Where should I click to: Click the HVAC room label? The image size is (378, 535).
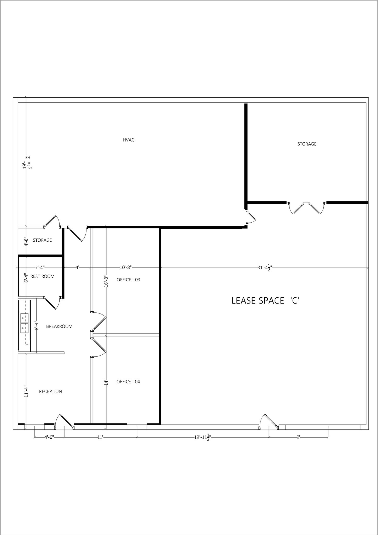(129, 140)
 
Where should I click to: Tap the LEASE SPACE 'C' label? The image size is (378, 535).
(265, 301)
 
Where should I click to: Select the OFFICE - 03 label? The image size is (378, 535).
(128, 280)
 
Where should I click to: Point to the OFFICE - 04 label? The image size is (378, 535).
(128, 382)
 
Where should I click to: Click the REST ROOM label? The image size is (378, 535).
(43, 276)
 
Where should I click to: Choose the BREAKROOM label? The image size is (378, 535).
(59, 326)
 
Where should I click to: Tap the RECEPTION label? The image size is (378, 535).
(50, 391)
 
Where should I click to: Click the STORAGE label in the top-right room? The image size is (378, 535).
(307, 144)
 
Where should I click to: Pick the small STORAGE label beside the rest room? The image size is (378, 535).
(42, 240)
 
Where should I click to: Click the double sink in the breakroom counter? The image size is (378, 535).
(24, 323)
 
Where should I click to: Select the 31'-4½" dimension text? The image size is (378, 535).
(265, 268)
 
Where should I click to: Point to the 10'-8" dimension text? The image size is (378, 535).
(126, 267)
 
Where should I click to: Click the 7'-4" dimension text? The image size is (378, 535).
(40, 267)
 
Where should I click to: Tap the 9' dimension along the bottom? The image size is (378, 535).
(298, 437)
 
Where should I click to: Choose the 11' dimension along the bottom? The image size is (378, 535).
(100, 437)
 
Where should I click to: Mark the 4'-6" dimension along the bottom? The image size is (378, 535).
(49, 437)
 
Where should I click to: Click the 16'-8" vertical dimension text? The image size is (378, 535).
(106, 281)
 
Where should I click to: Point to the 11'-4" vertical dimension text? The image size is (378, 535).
(26, 391)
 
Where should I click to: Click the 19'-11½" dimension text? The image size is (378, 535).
(202, 437)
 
